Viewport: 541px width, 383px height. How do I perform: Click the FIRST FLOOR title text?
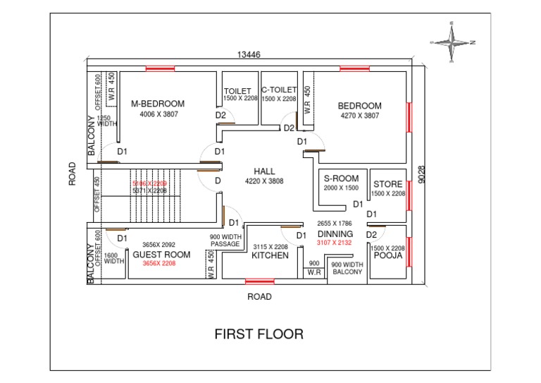(x=259, y=334)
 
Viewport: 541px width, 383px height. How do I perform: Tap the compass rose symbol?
(x=454, y=42)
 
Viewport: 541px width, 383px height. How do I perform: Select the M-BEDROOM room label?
(x=158, y=104)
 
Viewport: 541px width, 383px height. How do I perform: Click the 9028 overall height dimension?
(x=421, y=175)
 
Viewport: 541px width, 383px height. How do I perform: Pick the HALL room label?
(x=264, y=171)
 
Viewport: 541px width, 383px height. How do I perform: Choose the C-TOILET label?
(x=279, y=90)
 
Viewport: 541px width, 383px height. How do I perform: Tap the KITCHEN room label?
(x=270, y=255)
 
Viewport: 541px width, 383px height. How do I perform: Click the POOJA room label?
(x=387, y=256)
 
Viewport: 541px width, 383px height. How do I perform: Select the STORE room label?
(x=387, y=185)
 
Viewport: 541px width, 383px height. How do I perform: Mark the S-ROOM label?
(x=341, y=179)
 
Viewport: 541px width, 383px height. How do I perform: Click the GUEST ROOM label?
(x=161, y=255)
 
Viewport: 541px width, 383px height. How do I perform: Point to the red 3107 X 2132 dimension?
(x=334, y=243)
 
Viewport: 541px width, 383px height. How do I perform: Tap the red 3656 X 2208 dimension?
(x=158, y=263)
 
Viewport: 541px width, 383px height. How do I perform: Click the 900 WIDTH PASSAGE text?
(x=225, y=241)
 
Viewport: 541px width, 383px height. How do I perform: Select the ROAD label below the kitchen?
(x=259, y=297)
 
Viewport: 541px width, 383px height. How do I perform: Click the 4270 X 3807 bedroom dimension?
(x=359, y=115)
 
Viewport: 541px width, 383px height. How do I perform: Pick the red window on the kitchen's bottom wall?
(x=259, y=281)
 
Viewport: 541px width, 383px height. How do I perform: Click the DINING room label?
(x=335, y=233)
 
